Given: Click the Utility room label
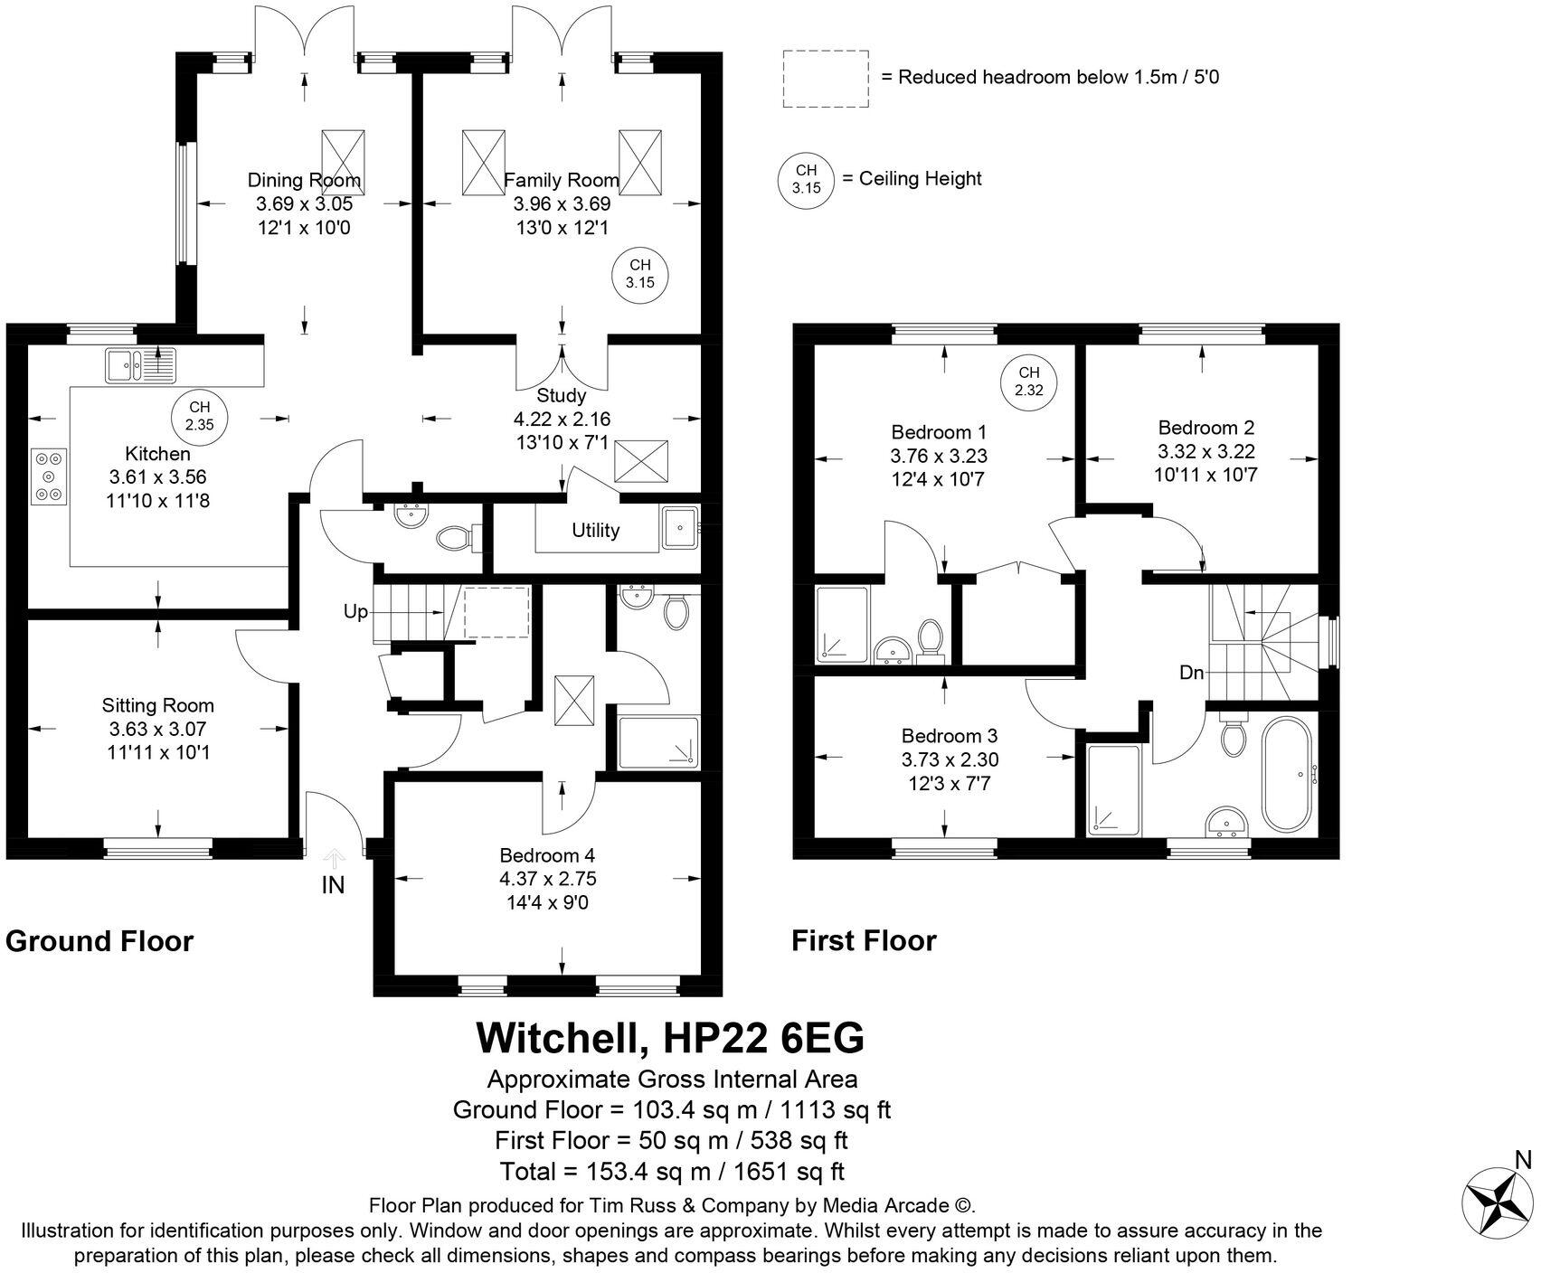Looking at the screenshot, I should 595,531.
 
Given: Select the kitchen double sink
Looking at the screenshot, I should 141,366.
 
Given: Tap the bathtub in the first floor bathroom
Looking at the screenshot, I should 1290,776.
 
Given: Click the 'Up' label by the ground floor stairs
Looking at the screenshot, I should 355,612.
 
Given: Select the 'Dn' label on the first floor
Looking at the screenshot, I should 1191,673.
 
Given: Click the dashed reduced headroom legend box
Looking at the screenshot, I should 825,79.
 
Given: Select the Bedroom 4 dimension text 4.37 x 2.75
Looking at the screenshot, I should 547,879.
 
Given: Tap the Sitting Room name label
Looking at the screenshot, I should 157,705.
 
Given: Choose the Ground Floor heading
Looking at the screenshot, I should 99,941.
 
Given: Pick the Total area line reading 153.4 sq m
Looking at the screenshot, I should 671,1172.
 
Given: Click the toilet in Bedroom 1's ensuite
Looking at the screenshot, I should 930,636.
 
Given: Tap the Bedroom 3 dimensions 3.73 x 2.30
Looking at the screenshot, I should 950,760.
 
